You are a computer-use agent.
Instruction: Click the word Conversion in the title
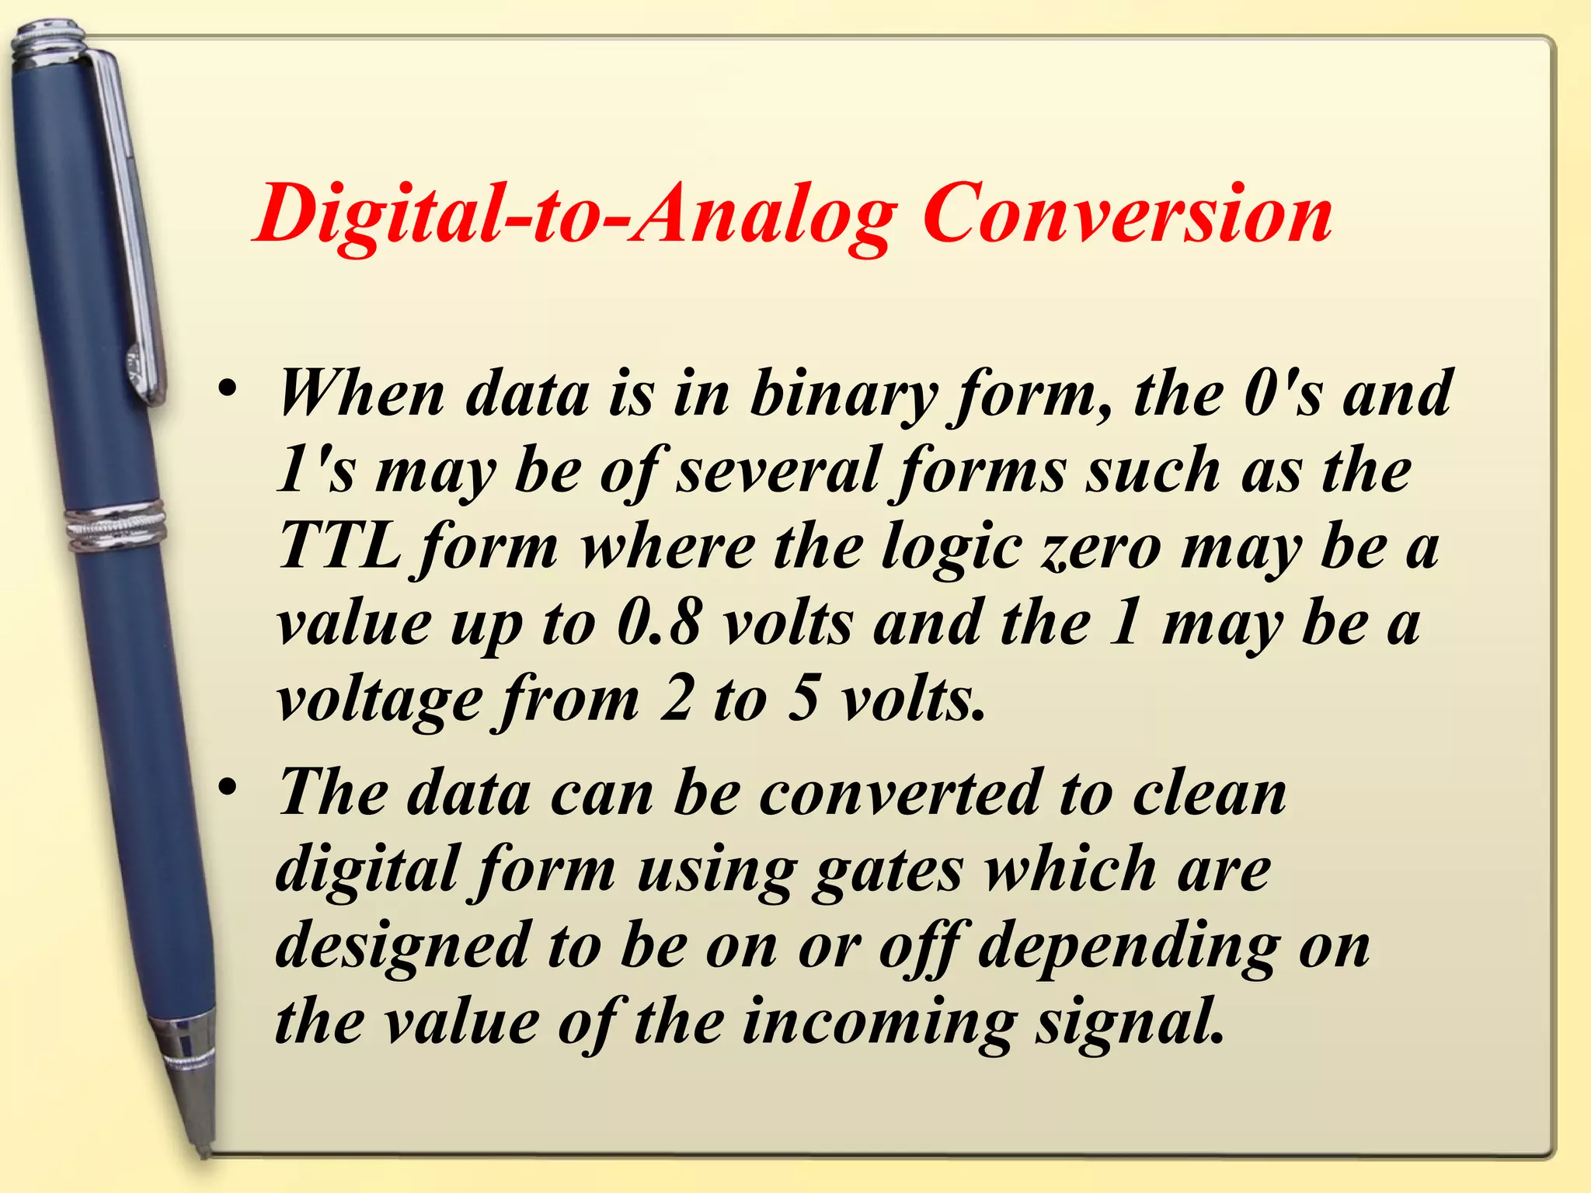(x=1127, y=214)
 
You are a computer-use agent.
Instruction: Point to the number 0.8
(x=660, y=623)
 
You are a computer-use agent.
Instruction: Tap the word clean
(x=1209, y=793)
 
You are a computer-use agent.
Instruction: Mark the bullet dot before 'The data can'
(x=226, y=788)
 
